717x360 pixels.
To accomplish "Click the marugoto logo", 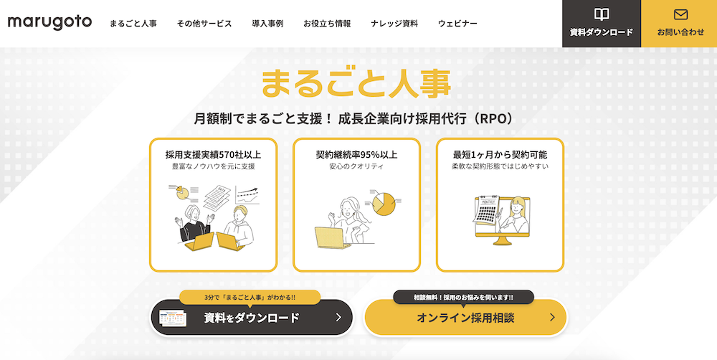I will coord(49,22).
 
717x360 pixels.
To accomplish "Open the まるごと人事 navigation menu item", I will coord(133,24).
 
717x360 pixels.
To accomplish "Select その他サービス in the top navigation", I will coord(204,24).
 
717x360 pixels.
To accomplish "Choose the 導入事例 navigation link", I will coord(267,24).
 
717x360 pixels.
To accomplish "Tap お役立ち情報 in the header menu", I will coord(327,24).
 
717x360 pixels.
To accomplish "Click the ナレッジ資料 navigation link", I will coord(394,24).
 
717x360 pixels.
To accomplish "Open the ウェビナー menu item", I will coord(457,24).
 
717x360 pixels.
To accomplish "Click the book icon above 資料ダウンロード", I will coord(602,14).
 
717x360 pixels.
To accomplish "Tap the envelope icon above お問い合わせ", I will coord(680,14).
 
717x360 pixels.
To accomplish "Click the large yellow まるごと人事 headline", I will coord(356,82).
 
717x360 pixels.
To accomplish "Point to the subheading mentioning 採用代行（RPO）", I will coord(356,118).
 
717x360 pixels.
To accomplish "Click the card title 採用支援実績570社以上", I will coord(213,154).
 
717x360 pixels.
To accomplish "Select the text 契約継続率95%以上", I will coord(356,154).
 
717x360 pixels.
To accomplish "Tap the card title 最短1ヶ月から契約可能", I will coord(500,154).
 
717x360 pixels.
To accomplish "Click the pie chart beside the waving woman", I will coord(384,203).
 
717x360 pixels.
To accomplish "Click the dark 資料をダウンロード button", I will coord(251,317).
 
